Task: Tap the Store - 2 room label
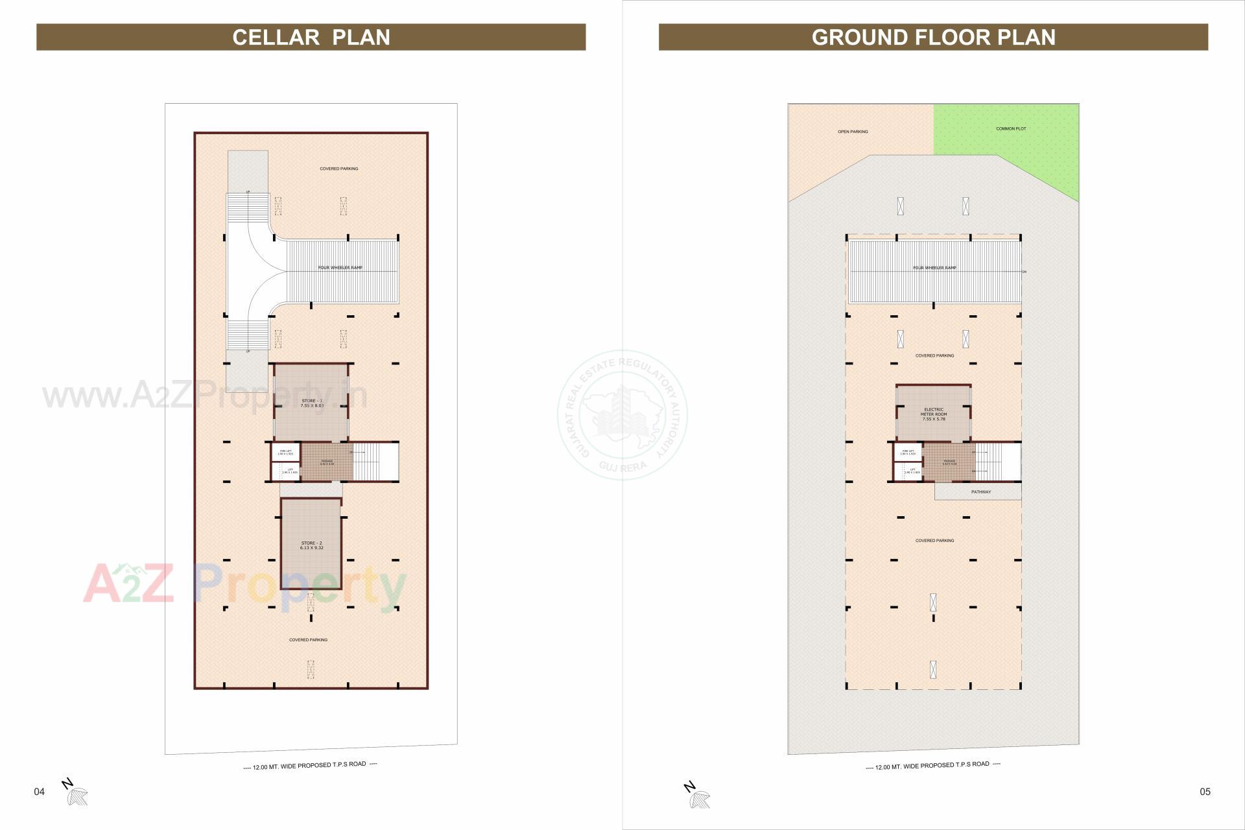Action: [x=311, y=545]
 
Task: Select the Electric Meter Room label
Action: [x=934, y=414]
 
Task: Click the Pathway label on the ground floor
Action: [x=980, y=492]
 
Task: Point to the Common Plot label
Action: [x=1011, y=129]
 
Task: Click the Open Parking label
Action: [x=853, y=132]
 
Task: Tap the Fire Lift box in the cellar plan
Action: [x=285, y=452]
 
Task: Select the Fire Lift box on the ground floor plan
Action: [x=908, y=452]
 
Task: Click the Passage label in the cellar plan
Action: [x=327, y=462]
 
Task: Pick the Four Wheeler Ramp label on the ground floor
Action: [x=934, y=268]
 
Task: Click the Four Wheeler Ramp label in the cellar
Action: [x=340, y=268]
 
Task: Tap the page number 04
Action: [x=40, y=792]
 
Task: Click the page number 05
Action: [x=1205, y=792]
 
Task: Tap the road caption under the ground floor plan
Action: [x=932, y=766]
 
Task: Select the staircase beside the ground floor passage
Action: [x=997, y=462]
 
